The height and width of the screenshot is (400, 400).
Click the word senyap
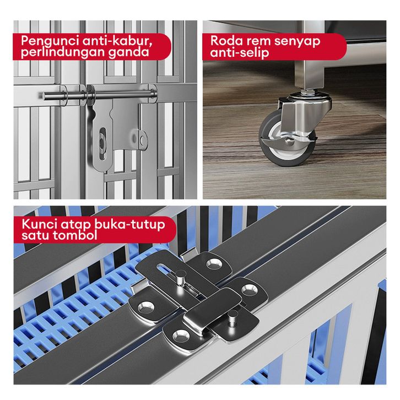pyautogui.click(x=297, y=41)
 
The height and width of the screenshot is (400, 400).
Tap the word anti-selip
pyautogui.click(x=240, y=53)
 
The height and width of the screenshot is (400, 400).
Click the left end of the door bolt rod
pyautogui.click(x=44, y=96)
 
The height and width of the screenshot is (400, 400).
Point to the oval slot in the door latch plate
pyautogui.click(x=102, y=144)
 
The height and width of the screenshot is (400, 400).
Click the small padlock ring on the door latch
pyautogui.click(x=143, y=139)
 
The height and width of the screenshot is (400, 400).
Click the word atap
pyautogui.click(x=76, y=225)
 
